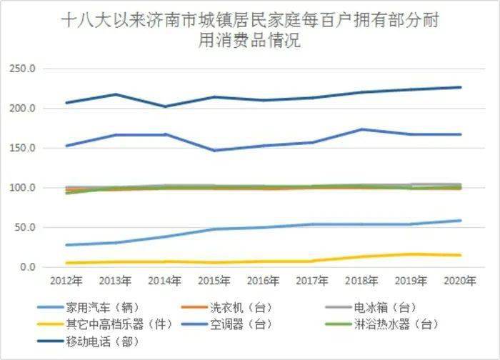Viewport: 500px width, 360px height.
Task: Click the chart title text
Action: (x=249, y=31)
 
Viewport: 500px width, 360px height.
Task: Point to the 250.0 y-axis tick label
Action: (x=24, y=69)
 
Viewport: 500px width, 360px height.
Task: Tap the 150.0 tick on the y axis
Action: (x=24, y=148)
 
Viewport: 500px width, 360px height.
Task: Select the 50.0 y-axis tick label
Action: (x=26, y=228)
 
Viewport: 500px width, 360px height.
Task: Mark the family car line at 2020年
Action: (x=461, y=221)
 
